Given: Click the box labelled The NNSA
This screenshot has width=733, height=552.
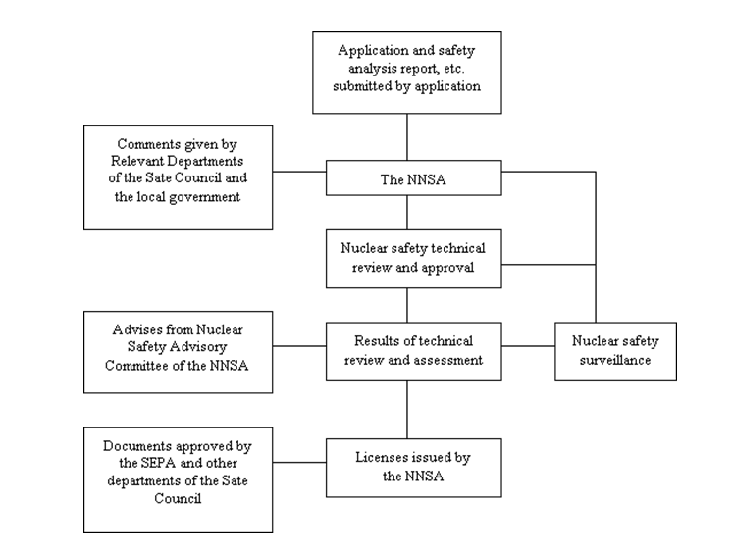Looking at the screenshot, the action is [x=414, y=177].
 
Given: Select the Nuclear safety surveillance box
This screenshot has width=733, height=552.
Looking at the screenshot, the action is [x=615, y=351].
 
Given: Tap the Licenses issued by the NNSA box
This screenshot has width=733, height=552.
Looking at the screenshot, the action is [x=414, y=468].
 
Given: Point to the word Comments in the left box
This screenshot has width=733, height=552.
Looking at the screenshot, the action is [x=144, y=144].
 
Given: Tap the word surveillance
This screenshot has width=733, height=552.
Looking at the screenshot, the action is [x=615, y=360].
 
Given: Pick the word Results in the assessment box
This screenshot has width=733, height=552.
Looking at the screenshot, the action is [x=373, y=341].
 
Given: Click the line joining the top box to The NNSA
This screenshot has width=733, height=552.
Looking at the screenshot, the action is [x=407, y=137].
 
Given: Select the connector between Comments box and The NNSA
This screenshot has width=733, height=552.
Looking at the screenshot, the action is [x=299, y=172].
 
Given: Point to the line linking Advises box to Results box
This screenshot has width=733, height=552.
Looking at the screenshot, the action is [x=299, y=346].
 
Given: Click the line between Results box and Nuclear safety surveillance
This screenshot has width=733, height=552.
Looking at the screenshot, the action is [x=528, y=346].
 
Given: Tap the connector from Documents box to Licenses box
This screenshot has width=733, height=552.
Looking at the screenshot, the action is [x=299, y=463].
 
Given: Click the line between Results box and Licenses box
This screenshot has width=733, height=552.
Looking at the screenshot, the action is [x=407, y=410].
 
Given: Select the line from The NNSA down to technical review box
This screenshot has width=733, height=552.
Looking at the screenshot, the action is [x=407, y=213].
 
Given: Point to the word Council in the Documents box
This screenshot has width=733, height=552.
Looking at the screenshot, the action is [x=178, y=499].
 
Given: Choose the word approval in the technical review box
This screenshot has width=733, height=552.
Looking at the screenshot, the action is [x=447, y=268].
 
